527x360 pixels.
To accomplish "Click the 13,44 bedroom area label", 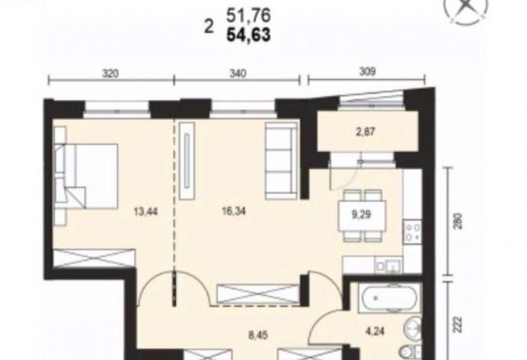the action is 146,212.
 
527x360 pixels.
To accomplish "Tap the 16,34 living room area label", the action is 234,211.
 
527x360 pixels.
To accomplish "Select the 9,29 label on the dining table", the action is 362,214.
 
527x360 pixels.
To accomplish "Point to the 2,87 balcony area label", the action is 365,131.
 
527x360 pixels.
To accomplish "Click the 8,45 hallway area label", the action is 258,335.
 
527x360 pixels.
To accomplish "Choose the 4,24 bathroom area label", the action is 375,332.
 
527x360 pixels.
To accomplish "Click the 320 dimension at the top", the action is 110,73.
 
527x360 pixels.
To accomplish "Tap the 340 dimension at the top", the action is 237,73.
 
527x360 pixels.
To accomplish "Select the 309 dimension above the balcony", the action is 367,71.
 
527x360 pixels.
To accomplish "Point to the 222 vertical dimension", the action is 458,324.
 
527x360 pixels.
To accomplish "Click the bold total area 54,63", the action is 249,35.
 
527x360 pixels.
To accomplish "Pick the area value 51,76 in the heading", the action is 249,16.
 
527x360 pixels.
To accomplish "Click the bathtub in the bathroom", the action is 389,298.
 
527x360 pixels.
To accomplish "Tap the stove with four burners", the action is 412,232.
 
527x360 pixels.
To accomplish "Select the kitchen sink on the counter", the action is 389,265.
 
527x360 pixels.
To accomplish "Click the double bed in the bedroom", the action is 86,176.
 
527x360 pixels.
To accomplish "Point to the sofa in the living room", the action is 281,161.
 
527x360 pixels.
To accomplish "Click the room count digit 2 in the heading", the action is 209,26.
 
